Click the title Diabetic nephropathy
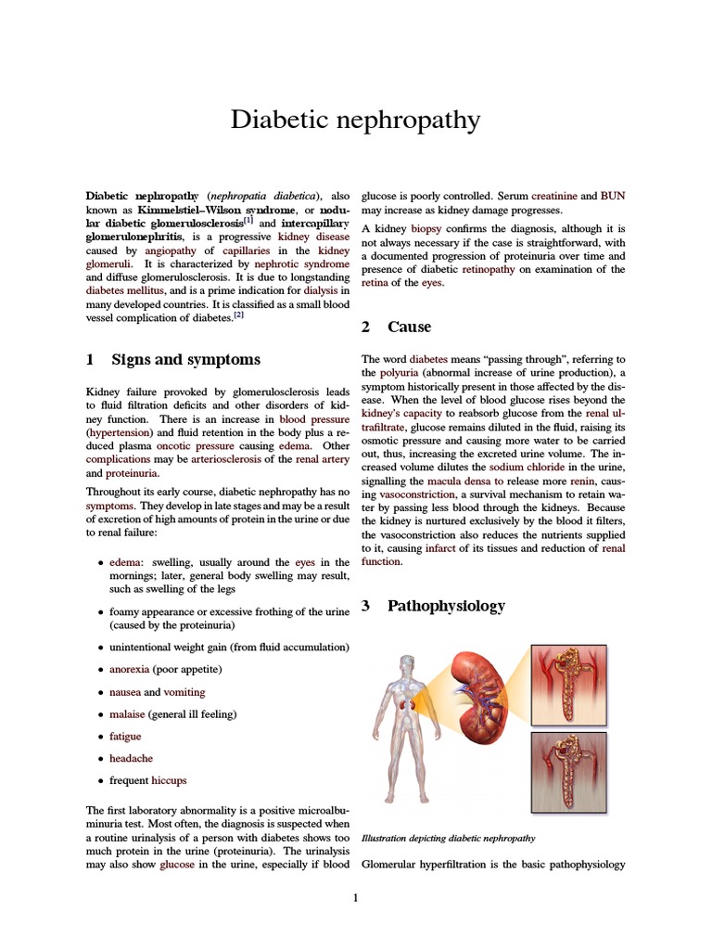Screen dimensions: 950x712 click(355, 120)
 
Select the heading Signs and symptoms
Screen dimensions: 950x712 click(185, 359)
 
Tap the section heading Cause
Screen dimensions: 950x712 click(409, 327)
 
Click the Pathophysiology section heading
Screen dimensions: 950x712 click(446, 606)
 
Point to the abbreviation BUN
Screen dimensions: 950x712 click(613, 197)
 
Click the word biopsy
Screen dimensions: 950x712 click(426, 228)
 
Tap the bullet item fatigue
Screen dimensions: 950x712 click(125, 736)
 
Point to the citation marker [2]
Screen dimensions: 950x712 click(238, 315)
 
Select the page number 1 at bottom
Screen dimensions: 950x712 click(355, 897)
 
